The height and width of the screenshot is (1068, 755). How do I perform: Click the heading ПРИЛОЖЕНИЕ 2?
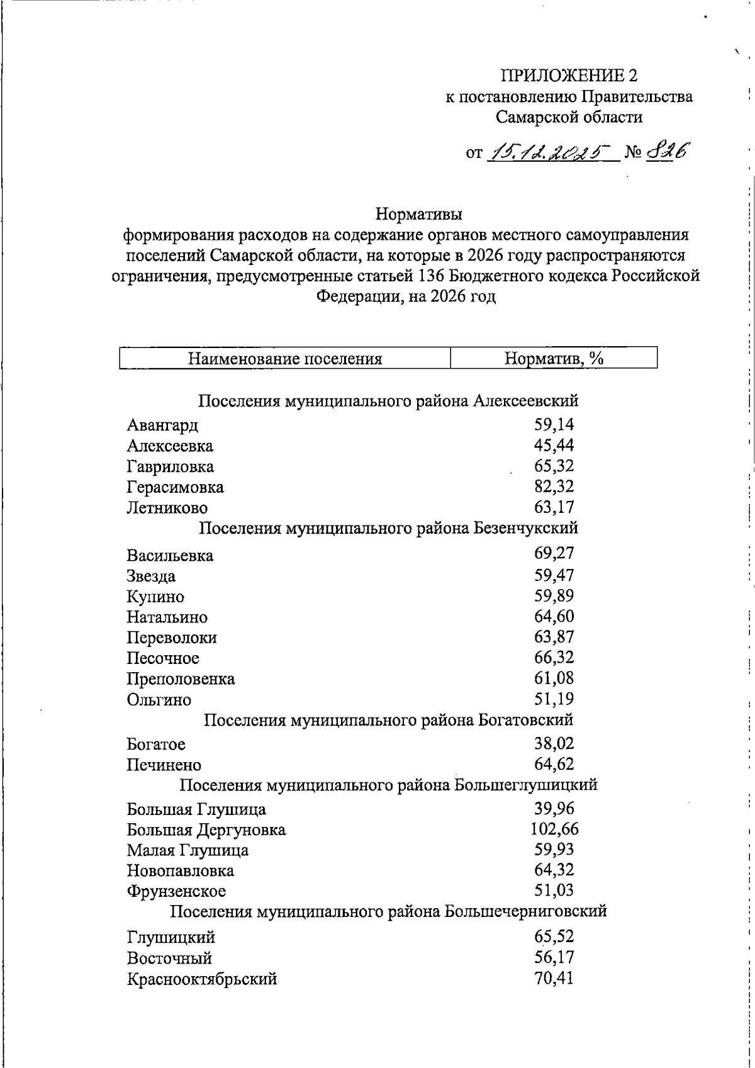coord(569,76)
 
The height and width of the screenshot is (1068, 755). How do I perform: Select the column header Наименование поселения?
coord(285,359)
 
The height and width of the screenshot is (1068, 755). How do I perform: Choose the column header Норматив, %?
coord(554,359)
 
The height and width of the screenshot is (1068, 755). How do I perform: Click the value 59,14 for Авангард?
coord(554,425)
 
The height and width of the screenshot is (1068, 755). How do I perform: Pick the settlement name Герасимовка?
coord(175,487)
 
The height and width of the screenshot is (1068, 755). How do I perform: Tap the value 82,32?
coord(554,486)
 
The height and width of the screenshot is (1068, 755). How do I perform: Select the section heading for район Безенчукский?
coord(388,527)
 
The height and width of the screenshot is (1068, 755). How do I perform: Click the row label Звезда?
coord(151,576)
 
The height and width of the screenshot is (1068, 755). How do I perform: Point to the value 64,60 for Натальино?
coord(554,616)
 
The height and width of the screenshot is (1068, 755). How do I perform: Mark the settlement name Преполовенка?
coord(181,679)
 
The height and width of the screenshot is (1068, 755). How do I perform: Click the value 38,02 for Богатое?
coord(554,744)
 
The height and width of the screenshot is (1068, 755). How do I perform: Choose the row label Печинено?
coord(164,765)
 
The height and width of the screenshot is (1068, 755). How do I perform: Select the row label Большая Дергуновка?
coord(206,830)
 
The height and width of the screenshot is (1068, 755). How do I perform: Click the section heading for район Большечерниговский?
coord(388,911)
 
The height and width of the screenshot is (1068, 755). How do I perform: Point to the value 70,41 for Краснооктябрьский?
coord(554,979)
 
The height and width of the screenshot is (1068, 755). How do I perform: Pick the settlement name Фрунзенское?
coord(176,891)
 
